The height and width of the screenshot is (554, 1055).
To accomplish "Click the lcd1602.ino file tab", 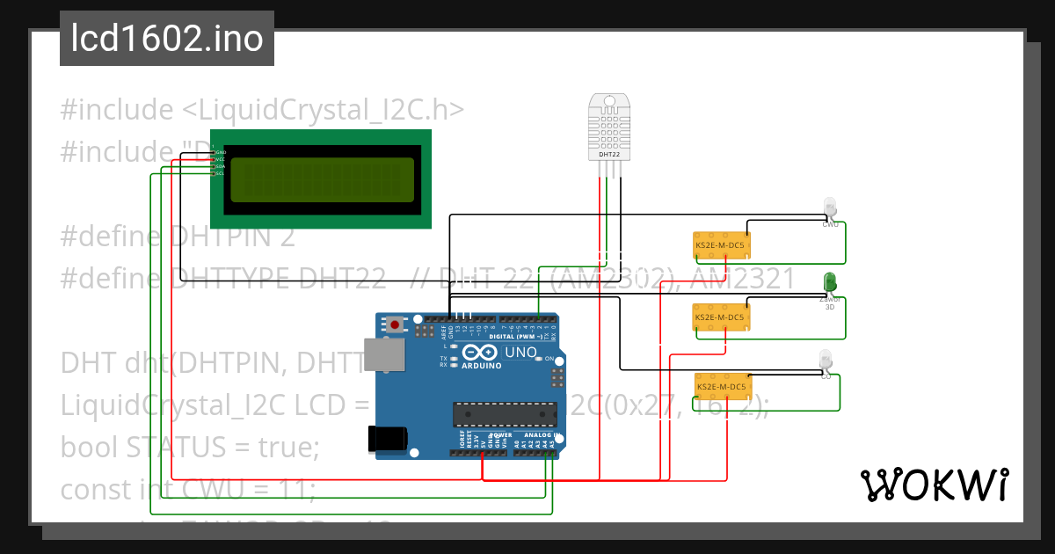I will coord(166,39).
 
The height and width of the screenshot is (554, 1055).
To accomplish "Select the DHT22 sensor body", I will coord(609,128).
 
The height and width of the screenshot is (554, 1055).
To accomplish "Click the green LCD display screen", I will coord(320,179).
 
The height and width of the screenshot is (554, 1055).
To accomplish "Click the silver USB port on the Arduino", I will coord(384,354).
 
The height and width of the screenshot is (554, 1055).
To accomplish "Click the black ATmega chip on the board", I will coord(504,413).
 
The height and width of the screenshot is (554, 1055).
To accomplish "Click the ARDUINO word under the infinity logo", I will coord(481,365).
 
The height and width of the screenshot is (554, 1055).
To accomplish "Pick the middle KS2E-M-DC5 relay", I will coord(720,317).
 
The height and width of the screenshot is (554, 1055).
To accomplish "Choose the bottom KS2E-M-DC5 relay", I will coord(721,386).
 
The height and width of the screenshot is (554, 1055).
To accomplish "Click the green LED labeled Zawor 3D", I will coord(829,282).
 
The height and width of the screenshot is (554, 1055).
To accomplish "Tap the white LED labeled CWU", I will coord(830,208).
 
